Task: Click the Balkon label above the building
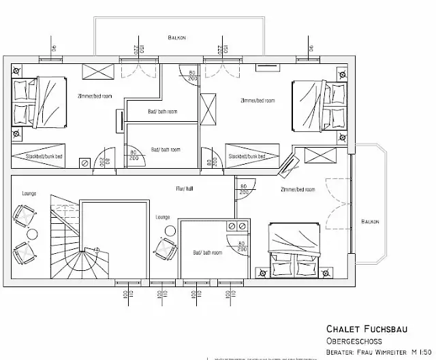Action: tap(177, 37)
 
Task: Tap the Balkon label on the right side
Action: tap(370, 221)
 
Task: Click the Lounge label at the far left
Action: tap(29, 193)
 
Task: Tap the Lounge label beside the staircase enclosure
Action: tap(162, 217)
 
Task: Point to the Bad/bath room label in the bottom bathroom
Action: tap(207, 252)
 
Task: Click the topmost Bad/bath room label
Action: tap(163, 112)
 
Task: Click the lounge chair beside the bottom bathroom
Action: tap(168, 247)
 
